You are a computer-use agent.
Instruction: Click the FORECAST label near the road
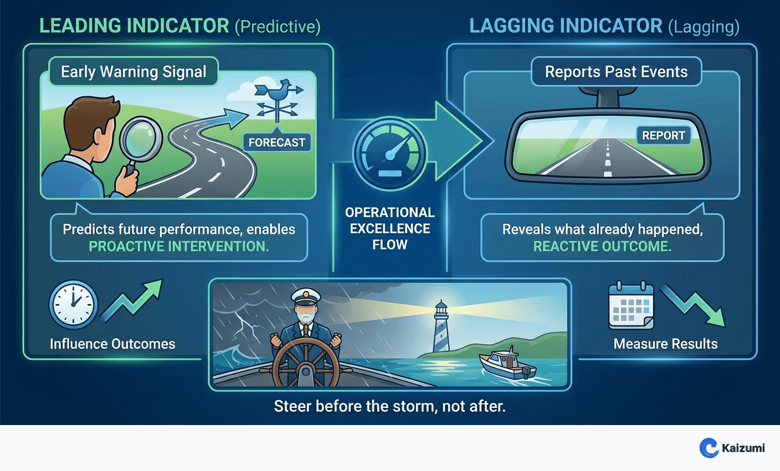coord(276,143)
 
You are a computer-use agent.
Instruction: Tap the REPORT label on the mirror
coord(663,136)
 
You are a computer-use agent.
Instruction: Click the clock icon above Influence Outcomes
coord(73,305)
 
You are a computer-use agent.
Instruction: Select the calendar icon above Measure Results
coord(631,306)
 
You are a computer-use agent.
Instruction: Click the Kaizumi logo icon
coord(709,448)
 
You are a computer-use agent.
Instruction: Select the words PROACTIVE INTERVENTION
coord(179,247)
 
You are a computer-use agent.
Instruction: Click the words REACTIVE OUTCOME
coord(602,247)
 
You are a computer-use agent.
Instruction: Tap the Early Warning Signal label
coord(134,72)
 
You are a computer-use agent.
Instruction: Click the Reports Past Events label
coord(616,72)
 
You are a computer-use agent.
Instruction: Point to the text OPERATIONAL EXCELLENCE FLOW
coord(389,229)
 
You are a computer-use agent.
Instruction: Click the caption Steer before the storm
coord(389,407)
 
